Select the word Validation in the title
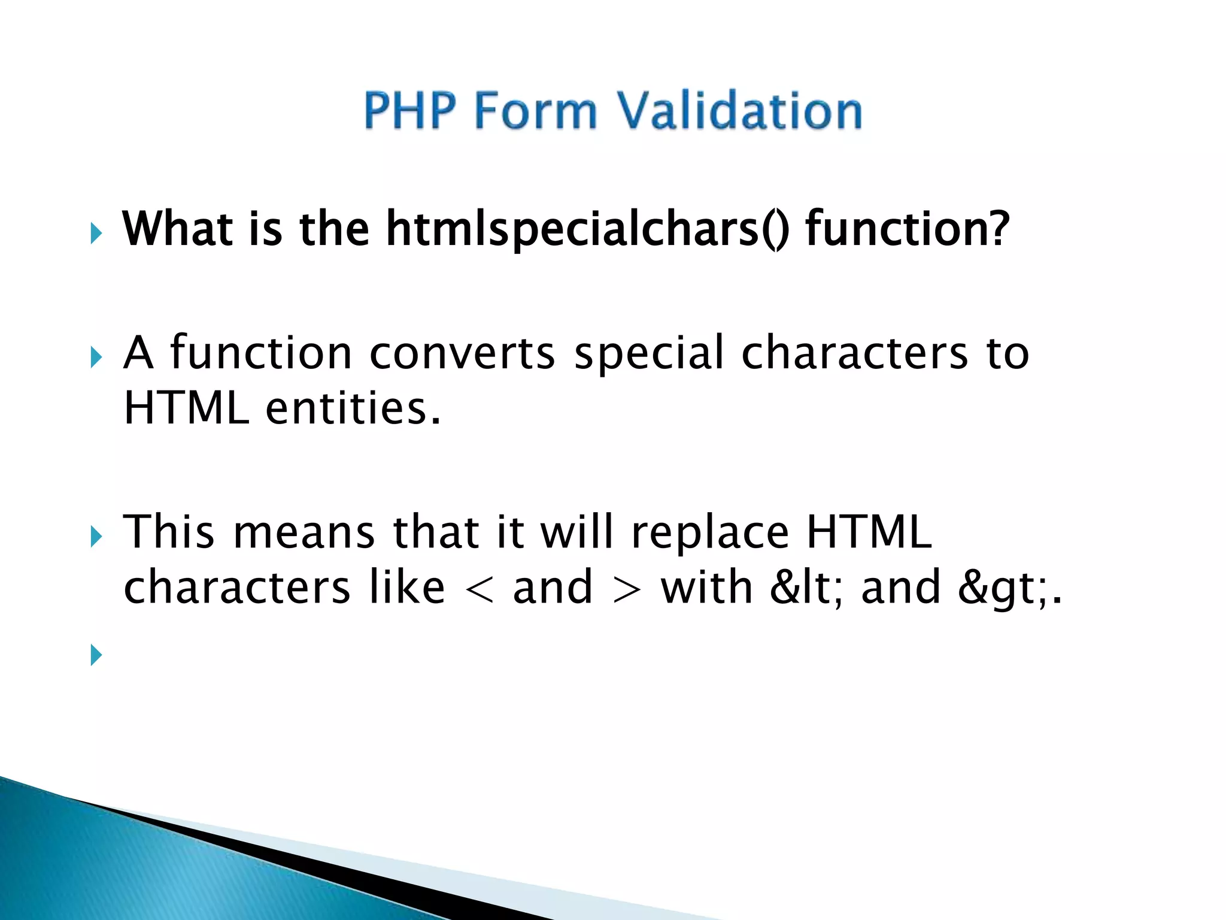(x=739, y=110)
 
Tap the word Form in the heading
(x=536, y=110)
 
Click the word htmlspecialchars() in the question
(x=587, y=229)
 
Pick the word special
(x=649, y=353)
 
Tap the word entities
(x=353, y=408)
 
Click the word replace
(x=710, y=532)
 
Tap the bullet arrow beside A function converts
(x=96, y=358)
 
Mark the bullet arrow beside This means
(x=96, y=536)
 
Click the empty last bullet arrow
(x=96, y=655)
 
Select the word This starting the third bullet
(x=169, y=532)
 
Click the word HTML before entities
(x=186, y=408)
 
